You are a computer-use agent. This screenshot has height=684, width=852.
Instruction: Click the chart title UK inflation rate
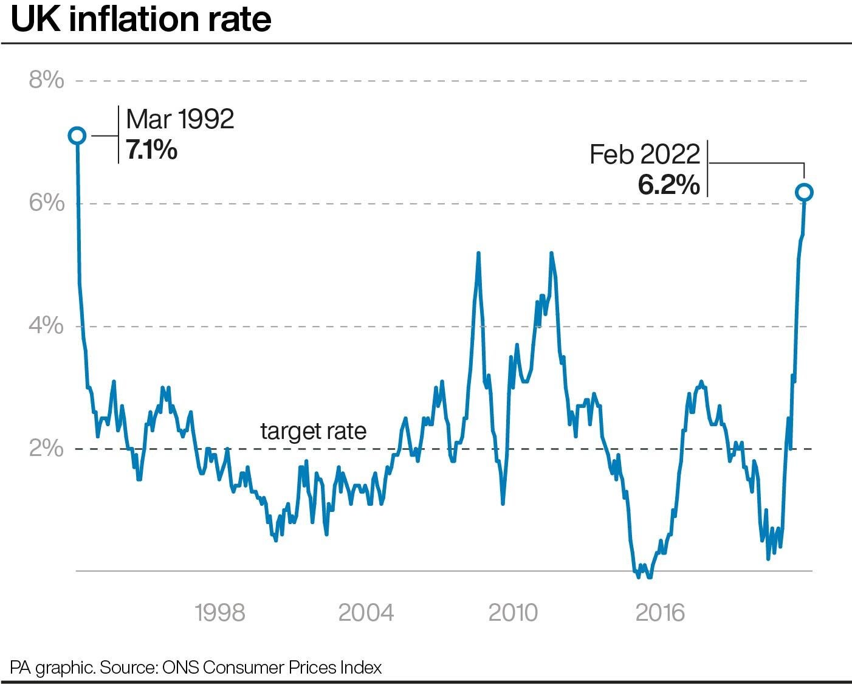click(x=141, y=19)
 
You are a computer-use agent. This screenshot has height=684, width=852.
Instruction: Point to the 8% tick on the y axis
click(x=46, y=80)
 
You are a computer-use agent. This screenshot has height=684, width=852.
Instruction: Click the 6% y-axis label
click(x=46, y=203)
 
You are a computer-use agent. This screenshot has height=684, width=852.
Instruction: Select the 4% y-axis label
click(x=46, y=326)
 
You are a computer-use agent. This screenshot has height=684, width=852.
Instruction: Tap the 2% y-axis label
click(x=46, y=449)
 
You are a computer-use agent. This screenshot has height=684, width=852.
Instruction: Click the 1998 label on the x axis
click(x=220, y=613)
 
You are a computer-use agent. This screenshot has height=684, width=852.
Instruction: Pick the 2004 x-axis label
click(x=366, y=613)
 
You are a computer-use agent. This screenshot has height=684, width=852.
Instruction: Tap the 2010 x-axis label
click(x=513, y=613)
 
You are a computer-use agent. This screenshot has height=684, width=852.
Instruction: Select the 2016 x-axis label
click(x=660, y=613)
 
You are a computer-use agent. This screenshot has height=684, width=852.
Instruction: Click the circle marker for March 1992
click(x=77, y=136)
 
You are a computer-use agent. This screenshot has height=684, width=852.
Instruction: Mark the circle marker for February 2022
click(x=804, y=192)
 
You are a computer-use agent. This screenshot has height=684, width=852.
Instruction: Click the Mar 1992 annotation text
click(x=180, y=119)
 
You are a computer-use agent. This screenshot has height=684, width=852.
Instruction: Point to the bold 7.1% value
click(x=151, y=150)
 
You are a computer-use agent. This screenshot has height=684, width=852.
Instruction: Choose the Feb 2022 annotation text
click(x=645, y=154)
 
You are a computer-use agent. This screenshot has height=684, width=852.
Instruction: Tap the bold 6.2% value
click(x=668, y=184)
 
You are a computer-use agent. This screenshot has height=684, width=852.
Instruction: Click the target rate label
click(x=313, y=431)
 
